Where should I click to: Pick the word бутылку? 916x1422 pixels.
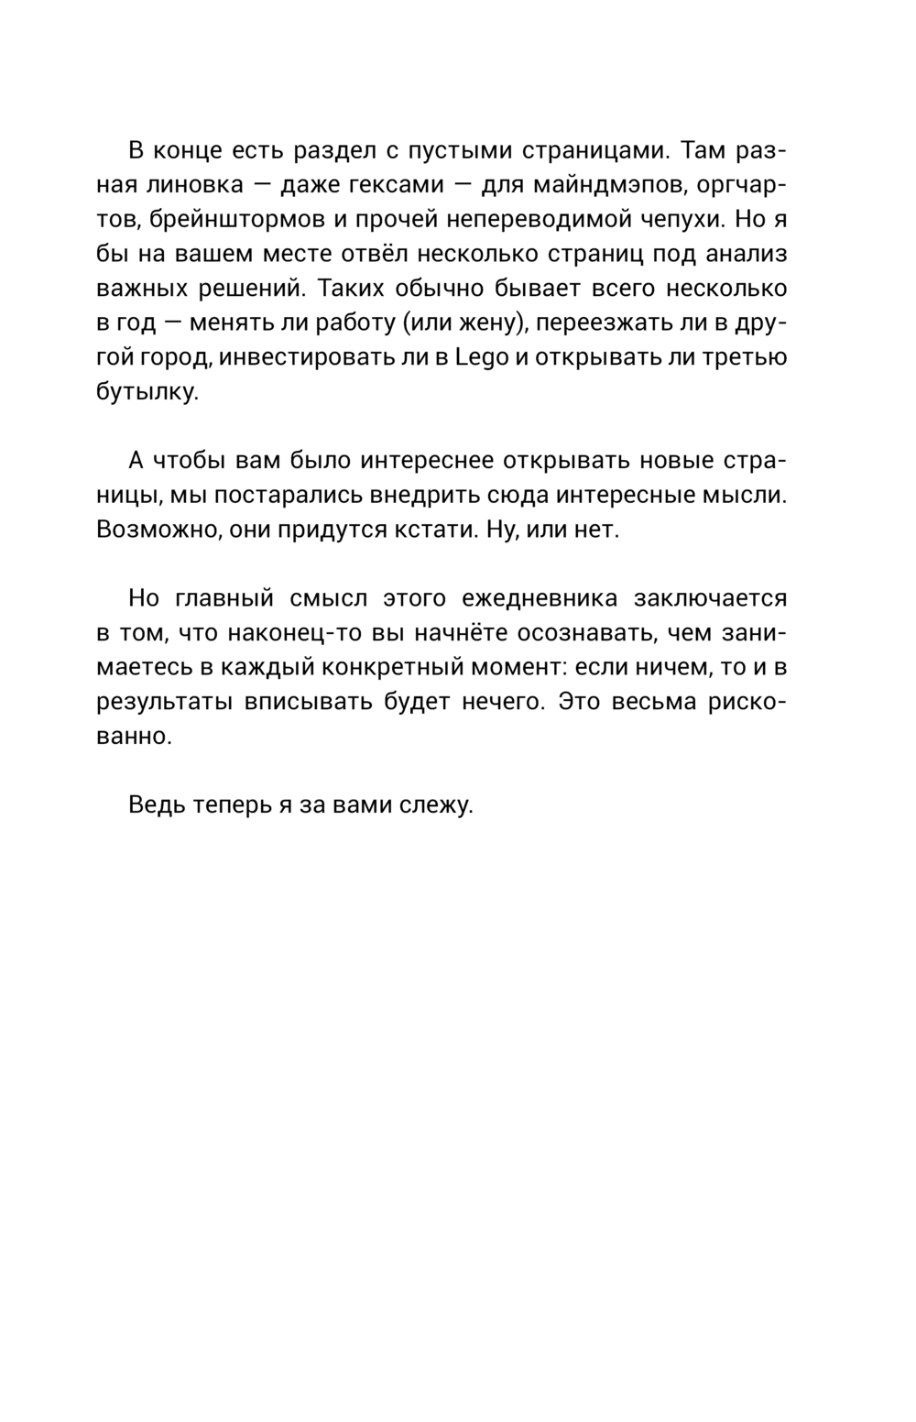pos(147,392)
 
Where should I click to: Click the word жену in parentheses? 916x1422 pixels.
pos(487,323)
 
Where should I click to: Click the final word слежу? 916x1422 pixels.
pos(440,806)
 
